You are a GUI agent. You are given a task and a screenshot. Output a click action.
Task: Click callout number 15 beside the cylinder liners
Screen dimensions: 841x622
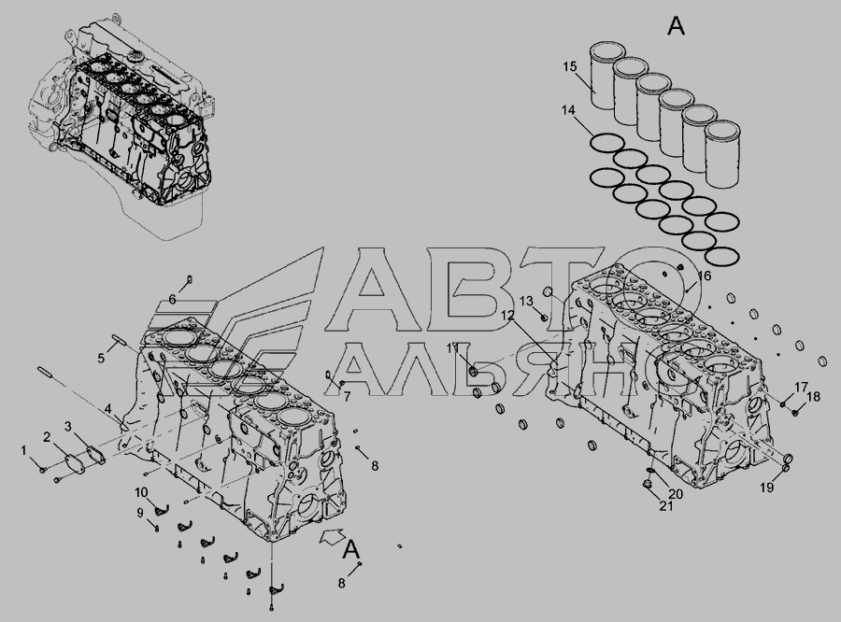570,66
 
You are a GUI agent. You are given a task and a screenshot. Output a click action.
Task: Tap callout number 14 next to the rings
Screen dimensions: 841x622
568,110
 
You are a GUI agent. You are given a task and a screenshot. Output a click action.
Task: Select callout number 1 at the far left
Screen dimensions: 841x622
23,450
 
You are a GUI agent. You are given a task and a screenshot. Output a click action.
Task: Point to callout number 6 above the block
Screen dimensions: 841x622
172,299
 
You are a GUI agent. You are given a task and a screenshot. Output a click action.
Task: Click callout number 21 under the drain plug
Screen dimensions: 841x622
665,505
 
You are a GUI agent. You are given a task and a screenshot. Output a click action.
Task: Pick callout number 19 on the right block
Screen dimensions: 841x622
767,487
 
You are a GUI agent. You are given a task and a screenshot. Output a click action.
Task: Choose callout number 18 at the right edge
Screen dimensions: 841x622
813,397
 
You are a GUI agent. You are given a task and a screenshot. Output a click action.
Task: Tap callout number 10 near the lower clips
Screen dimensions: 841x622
141,492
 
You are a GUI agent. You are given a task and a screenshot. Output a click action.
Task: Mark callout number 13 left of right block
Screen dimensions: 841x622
526,301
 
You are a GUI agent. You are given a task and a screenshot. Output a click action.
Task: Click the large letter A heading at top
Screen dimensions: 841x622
676,25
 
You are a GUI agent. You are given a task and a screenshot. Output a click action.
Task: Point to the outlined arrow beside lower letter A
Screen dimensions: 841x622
333,536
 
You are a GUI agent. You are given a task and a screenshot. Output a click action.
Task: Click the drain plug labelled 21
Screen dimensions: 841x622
648,486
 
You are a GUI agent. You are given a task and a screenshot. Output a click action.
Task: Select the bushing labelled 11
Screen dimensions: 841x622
474,371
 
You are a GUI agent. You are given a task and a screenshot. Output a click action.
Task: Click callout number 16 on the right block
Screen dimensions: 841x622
705,276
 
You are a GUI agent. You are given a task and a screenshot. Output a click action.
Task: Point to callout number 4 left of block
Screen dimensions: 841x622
107,408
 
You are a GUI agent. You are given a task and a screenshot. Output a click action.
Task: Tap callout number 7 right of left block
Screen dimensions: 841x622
347,397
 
